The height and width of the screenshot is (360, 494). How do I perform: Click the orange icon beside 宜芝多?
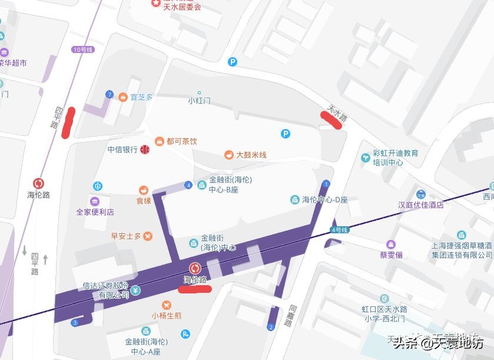[x=122, y=97]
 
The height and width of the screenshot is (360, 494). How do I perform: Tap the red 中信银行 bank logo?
[x=145, y=150]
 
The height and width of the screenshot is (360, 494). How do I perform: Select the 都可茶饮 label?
[x=182, y=141]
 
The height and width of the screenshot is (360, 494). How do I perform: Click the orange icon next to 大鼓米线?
[x=228, y=155]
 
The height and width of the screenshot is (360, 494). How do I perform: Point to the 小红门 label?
[x=199, y=101]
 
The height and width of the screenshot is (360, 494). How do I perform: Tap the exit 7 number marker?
[x=109, y=94]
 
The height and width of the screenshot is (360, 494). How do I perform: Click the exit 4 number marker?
[x=188, y=185]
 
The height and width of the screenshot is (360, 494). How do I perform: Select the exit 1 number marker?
[x=326, y=184]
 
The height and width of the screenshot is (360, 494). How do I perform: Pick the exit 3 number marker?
[x=75, y=322]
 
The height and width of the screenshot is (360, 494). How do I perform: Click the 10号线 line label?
[x=82, y=49]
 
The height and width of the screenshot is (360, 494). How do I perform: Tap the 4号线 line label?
[x=340, y=229]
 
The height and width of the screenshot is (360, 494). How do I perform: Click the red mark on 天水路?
[x=331, y=120]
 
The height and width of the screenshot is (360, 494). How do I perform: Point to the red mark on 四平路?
[x=68, y=123]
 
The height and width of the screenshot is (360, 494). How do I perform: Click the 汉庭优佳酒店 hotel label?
[x=420, y=205]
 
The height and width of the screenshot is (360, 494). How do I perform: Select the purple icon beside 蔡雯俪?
[x=391, y=245]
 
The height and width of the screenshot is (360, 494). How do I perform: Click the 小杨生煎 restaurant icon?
[x=167, y=305]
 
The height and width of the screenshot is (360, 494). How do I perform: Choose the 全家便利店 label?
[x=95, y=212]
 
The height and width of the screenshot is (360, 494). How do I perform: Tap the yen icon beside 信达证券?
[x=136, y=290]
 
